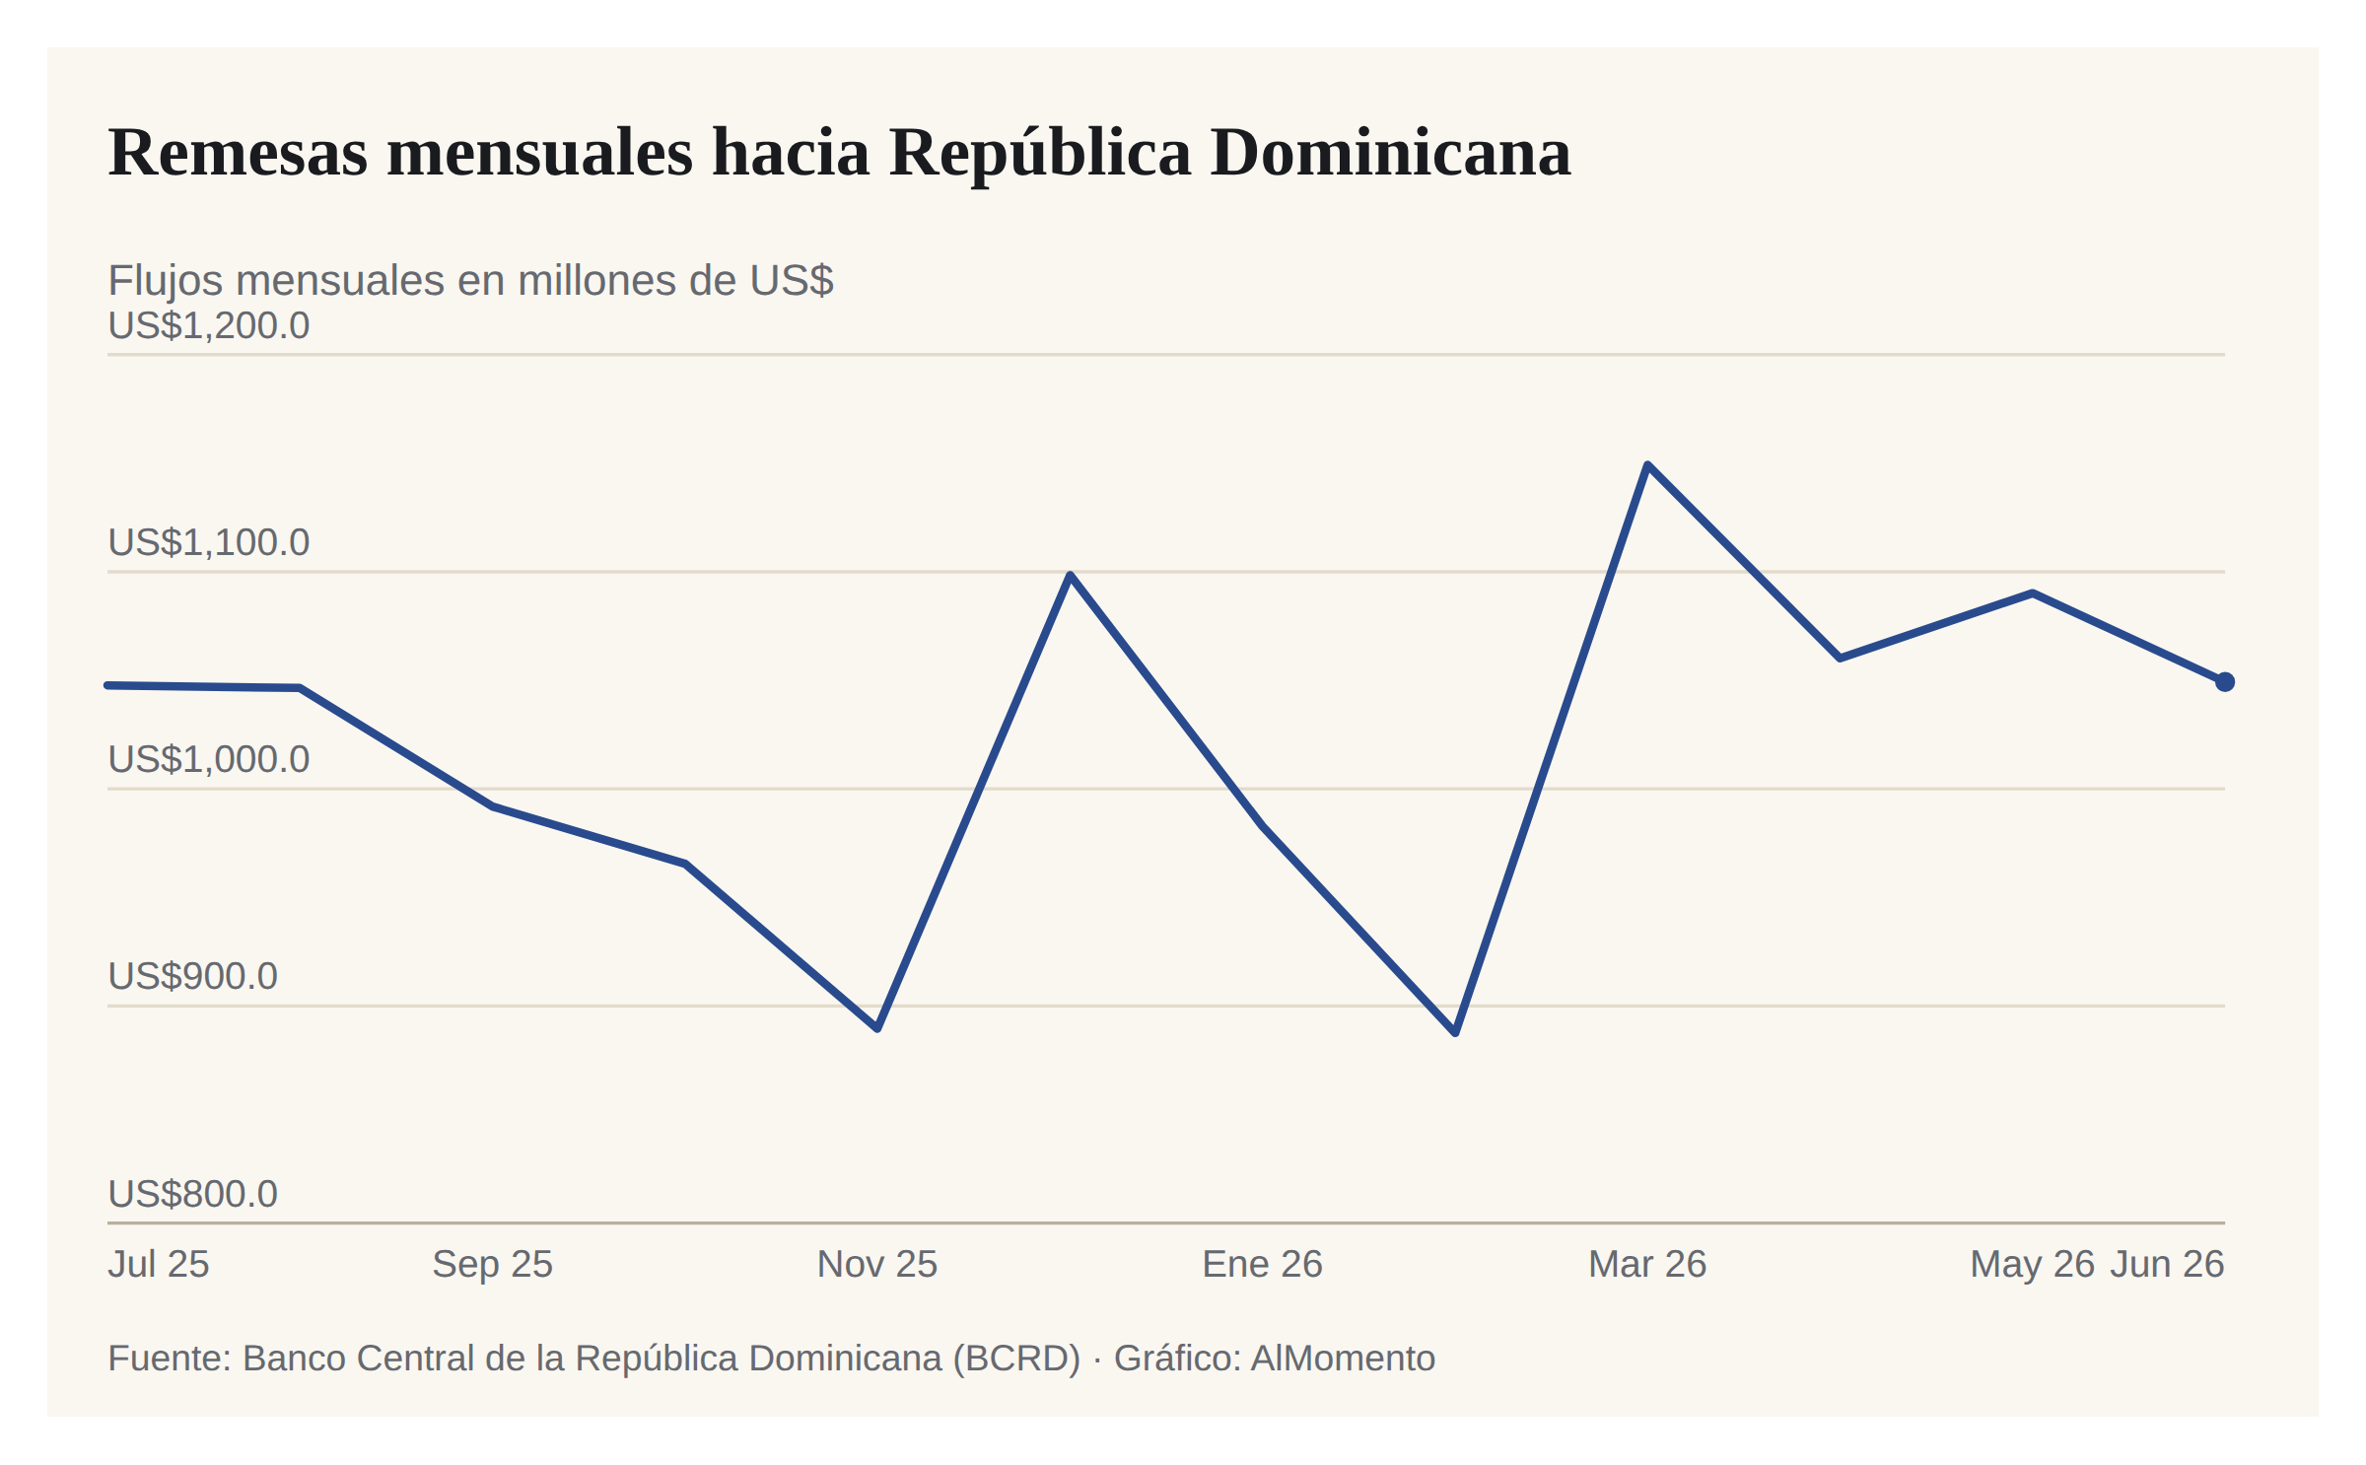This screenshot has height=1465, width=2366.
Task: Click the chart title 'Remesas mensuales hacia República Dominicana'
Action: (x=839, y=153)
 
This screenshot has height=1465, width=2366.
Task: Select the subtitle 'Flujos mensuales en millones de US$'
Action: (x=470, y=281)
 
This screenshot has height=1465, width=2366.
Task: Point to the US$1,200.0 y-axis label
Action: (x=209, y=325)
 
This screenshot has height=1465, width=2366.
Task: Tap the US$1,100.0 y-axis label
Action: (x=209, y=542)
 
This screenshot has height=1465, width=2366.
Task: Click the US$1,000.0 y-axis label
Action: (x=209, y=759)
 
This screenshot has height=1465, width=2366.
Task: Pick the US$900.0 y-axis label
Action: (x=193, y=976)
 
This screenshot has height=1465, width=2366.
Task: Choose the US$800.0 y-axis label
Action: (x=193, y=1194)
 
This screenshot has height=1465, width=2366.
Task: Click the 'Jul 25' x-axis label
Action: (x=159, y=1264)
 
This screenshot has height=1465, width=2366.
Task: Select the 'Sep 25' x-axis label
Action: (x=493, y=1265)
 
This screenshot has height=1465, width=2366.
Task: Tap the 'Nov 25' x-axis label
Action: (x=877, y=1264)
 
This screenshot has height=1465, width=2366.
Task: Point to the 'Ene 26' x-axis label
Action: (x=1263, y=1264)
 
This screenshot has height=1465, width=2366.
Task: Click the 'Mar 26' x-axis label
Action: (x=1647, y=1264)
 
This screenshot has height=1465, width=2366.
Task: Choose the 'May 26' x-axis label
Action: (x=2032, y=1265)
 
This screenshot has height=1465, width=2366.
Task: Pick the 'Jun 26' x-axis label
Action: (x=2167, y=1264)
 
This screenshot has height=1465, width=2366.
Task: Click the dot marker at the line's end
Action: (x=2225, y=682)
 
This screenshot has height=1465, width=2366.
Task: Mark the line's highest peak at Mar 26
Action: (x=1647, y=464)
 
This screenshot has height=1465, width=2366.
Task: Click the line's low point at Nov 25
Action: (x=877, y=1028)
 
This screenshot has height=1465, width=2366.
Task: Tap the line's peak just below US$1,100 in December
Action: (x=1071, y=575)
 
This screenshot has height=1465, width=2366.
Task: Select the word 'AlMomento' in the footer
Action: (x=1343, y=1359)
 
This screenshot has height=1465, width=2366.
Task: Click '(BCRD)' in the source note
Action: (x=1016, y=1360)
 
